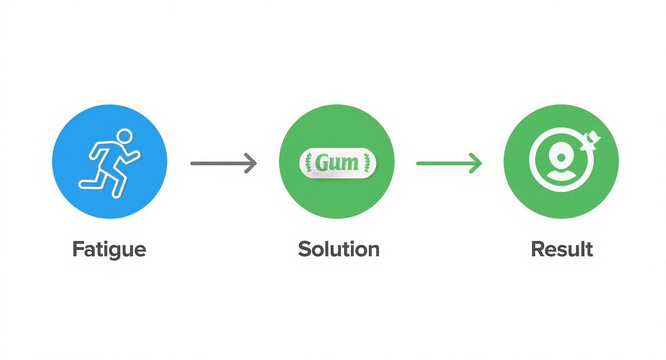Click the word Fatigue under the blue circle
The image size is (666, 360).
click(x=109, y=249)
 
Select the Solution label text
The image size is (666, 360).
click(x=339, y=249)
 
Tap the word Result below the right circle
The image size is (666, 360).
click(x=562, y=249)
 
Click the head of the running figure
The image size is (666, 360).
click(x=124, y=136)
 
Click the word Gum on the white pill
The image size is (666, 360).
click(x=337, y=163)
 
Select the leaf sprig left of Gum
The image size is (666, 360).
click(x=308, y=163)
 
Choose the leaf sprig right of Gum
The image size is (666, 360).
click(x=367, y=163)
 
